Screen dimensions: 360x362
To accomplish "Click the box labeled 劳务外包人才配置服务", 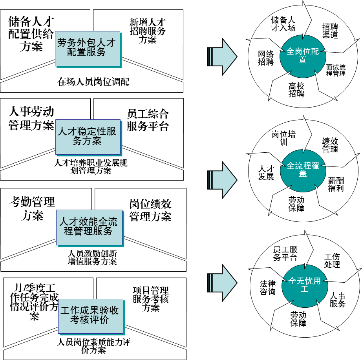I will [x=87, y=48].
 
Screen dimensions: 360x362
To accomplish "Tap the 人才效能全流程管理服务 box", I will [x=89, y=227].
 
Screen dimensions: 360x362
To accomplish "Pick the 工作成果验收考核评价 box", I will [x=90, y=316].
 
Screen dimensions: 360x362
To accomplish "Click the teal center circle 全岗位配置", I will [x=302, y=55].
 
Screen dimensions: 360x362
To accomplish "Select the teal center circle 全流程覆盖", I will [x=303, y=169].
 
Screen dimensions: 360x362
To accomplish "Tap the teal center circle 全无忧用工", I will [x=304, y=285].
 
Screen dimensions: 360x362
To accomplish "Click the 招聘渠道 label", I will [x=330, y=31].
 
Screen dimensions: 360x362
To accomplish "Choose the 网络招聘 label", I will [x=265, y=58].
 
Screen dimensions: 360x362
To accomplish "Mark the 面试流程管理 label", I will [x=336, y=70].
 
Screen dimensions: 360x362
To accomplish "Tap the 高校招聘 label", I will [x=296, y=90].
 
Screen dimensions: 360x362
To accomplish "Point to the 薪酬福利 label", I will [x=336, y=184].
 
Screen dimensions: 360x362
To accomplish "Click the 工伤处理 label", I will [x=332, y=260].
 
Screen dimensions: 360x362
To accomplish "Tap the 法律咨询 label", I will [x=267, y=287].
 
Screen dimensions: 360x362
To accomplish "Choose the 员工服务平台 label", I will [x=285, y=254].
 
